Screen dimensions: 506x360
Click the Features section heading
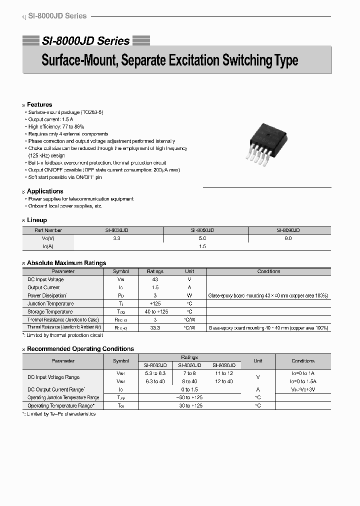click(39, 104)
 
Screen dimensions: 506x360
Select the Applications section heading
click(45, 191)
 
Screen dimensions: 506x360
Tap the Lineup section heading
click(37, 220)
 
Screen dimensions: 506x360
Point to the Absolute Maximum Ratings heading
click(66, 263)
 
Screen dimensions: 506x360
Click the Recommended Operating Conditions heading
click(80, 349)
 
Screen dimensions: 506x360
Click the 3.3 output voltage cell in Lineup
click(116, 238)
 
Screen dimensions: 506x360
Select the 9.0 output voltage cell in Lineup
click(288, 238)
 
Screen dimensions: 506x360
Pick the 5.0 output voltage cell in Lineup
click(202, 238)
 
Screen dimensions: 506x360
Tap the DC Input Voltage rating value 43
click(155, 279)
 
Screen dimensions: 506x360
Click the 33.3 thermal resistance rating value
click(155, 327)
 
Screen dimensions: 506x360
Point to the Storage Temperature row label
click(49, 311)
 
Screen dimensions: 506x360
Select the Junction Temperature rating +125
click(155, 303)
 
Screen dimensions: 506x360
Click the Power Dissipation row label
click(47, 295)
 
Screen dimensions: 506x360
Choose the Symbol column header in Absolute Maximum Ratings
click(120, 271)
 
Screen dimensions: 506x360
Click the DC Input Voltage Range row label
click(53, 377)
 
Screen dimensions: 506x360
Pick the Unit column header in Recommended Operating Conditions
click(258, 360)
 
